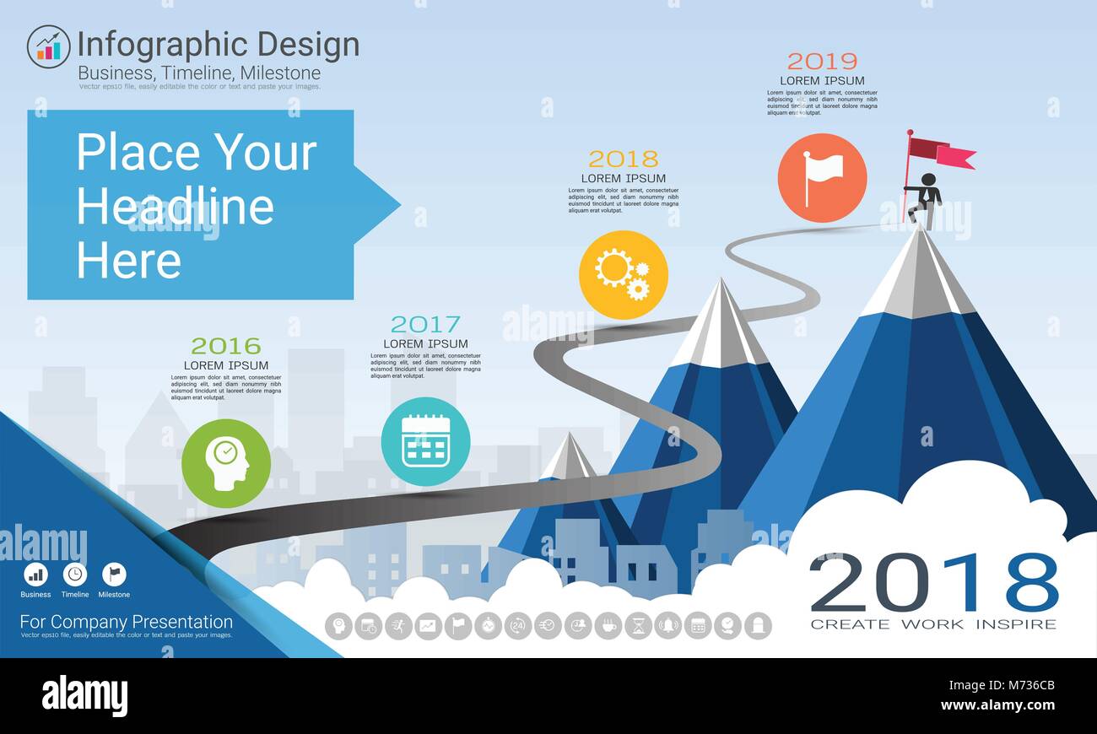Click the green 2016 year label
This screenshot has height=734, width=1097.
point(225,346)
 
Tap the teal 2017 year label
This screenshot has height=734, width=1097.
point(425,324)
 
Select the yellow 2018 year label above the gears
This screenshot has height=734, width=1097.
point(623,159)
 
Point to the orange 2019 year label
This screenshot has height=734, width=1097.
point(822,61)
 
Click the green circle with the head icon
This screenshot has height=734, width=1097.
point(226,463)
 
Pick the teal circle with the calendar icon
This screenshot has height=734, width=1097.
point(425,441)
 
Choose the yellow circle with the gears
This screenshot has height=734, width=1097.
point(623,275)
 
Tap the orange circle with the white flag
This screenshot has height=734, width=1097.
point(822,177)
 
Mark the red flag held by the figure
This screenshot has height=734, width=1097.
point(941,152)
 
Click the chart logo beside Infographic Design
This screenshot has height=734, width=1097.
point(48,46)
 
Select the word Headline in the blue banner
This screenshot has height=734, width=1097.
point(176,207)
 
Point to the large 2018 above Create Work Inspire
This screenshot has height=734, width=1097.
point(933,582)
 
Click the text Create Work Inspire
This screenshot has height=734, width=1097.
point(933,624)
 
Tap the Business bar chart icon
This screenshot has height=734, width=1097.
point(35,575)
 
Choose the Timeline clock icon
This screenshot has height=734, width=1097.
point(75,575)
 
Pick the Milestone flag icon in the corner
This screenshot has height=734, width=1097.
point(114,575)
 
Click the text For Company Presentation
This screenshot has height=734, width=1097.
point(127,623)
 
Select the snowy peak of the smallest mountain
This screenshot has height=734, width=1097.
point(568,456)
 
